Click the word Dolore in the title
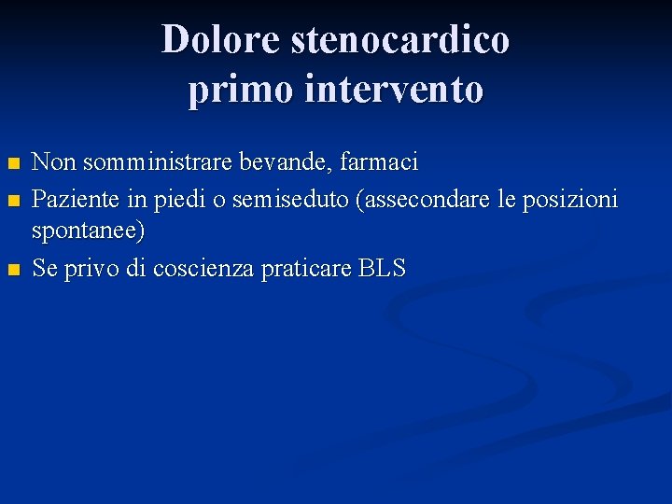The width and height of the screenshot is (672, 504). tap(221, 40)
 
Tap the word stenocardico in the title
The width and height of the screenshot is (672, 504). tap(400, 40)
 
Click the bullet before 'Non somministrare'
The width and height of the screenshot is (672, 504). tap(12, 164)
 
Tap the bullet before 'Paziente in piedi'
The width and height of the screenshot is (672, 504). tap(12, 200)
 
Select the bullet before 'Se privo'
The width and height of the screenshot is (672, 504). tap(12, 271)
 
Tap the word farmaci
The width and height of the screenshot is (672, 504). tap(379, 163)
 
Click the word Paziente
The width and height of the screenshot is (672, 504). tap(74, 199)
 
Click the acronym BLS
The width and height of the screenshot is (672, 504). tap(382, 270)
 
